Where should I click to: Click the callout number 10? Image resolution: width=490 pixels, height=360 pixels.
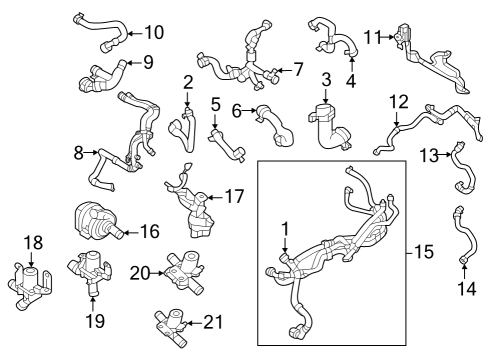tap(154, 32)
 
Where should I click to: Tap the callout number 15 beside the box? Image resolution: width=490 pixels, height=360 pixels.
tap(423, 252)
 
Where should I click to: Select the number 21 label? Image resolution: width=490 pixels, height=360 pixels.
tap(213, 322)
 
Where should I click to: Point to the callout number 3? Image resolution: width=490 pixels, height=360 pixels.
tap(326, 80)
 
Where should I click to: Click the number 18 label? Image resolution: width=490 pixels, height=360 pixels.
tap(33, 243)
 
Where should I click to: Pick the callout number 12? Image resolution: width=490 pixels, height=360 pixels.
tap(399, 102)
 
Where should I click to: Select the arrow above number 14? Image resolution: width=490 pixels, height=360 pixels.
tap(464, 271)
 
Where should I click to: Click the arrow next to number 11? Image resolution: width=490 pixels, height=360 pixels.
tap(388, 37)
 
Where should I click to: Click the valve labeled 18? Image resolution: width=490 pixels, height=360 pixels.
tap(30, 287)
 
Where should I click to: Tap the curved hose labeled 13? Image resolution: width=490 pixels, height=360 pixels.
tap(464, 168)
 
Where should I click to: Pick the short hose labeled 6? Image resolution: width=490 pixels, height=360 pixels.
tap(275, 126)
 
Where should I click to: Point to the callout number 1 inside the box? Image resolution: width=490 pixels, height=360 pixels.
tap(285, 230)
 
